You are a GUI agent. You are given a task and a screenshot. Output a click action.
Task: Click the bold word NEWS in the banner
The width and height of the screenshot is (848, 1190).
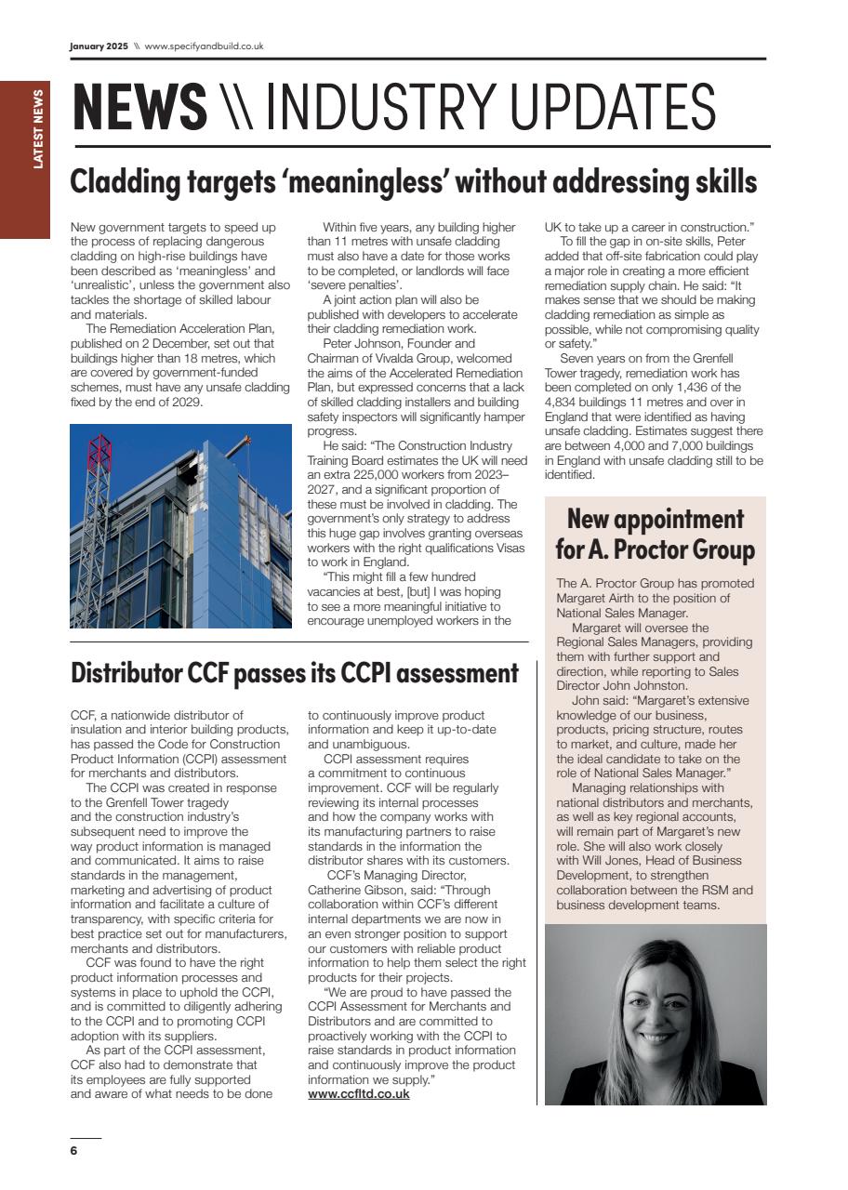point(139,108)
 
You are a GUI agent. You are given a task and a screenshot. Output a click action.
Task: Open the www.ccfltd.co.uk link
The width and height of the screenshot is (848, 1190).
point(358,1094)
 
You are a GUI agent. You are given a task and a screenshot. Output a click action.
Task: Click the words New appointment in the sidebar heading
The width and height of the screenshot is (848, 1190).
point(655,519)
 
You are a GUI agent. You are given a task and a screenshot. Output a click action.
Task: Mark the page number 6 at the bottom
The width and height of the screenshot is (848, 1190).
point(74,1151)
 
